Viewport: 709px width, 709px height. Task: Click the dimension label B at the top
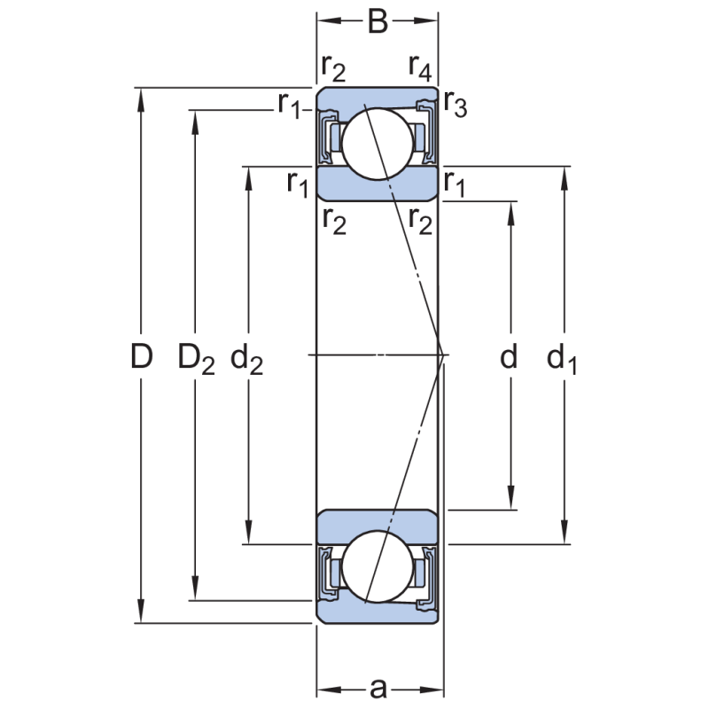378,21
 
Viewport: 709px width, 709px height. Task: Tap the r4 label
420,66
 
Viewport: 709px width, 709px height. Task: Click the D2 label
196,358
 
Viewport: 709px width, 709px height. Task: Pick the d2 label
247,358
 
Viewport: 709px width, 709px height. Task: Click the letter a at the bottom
378,688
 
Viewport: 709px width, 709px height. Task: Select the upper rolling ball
378,141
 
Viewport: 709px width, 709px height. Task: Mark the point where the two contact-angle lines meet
442,355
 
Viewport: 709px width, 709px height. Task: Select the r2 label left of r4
333,66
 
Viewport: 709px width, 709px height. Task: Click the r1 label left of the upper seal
290,105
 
